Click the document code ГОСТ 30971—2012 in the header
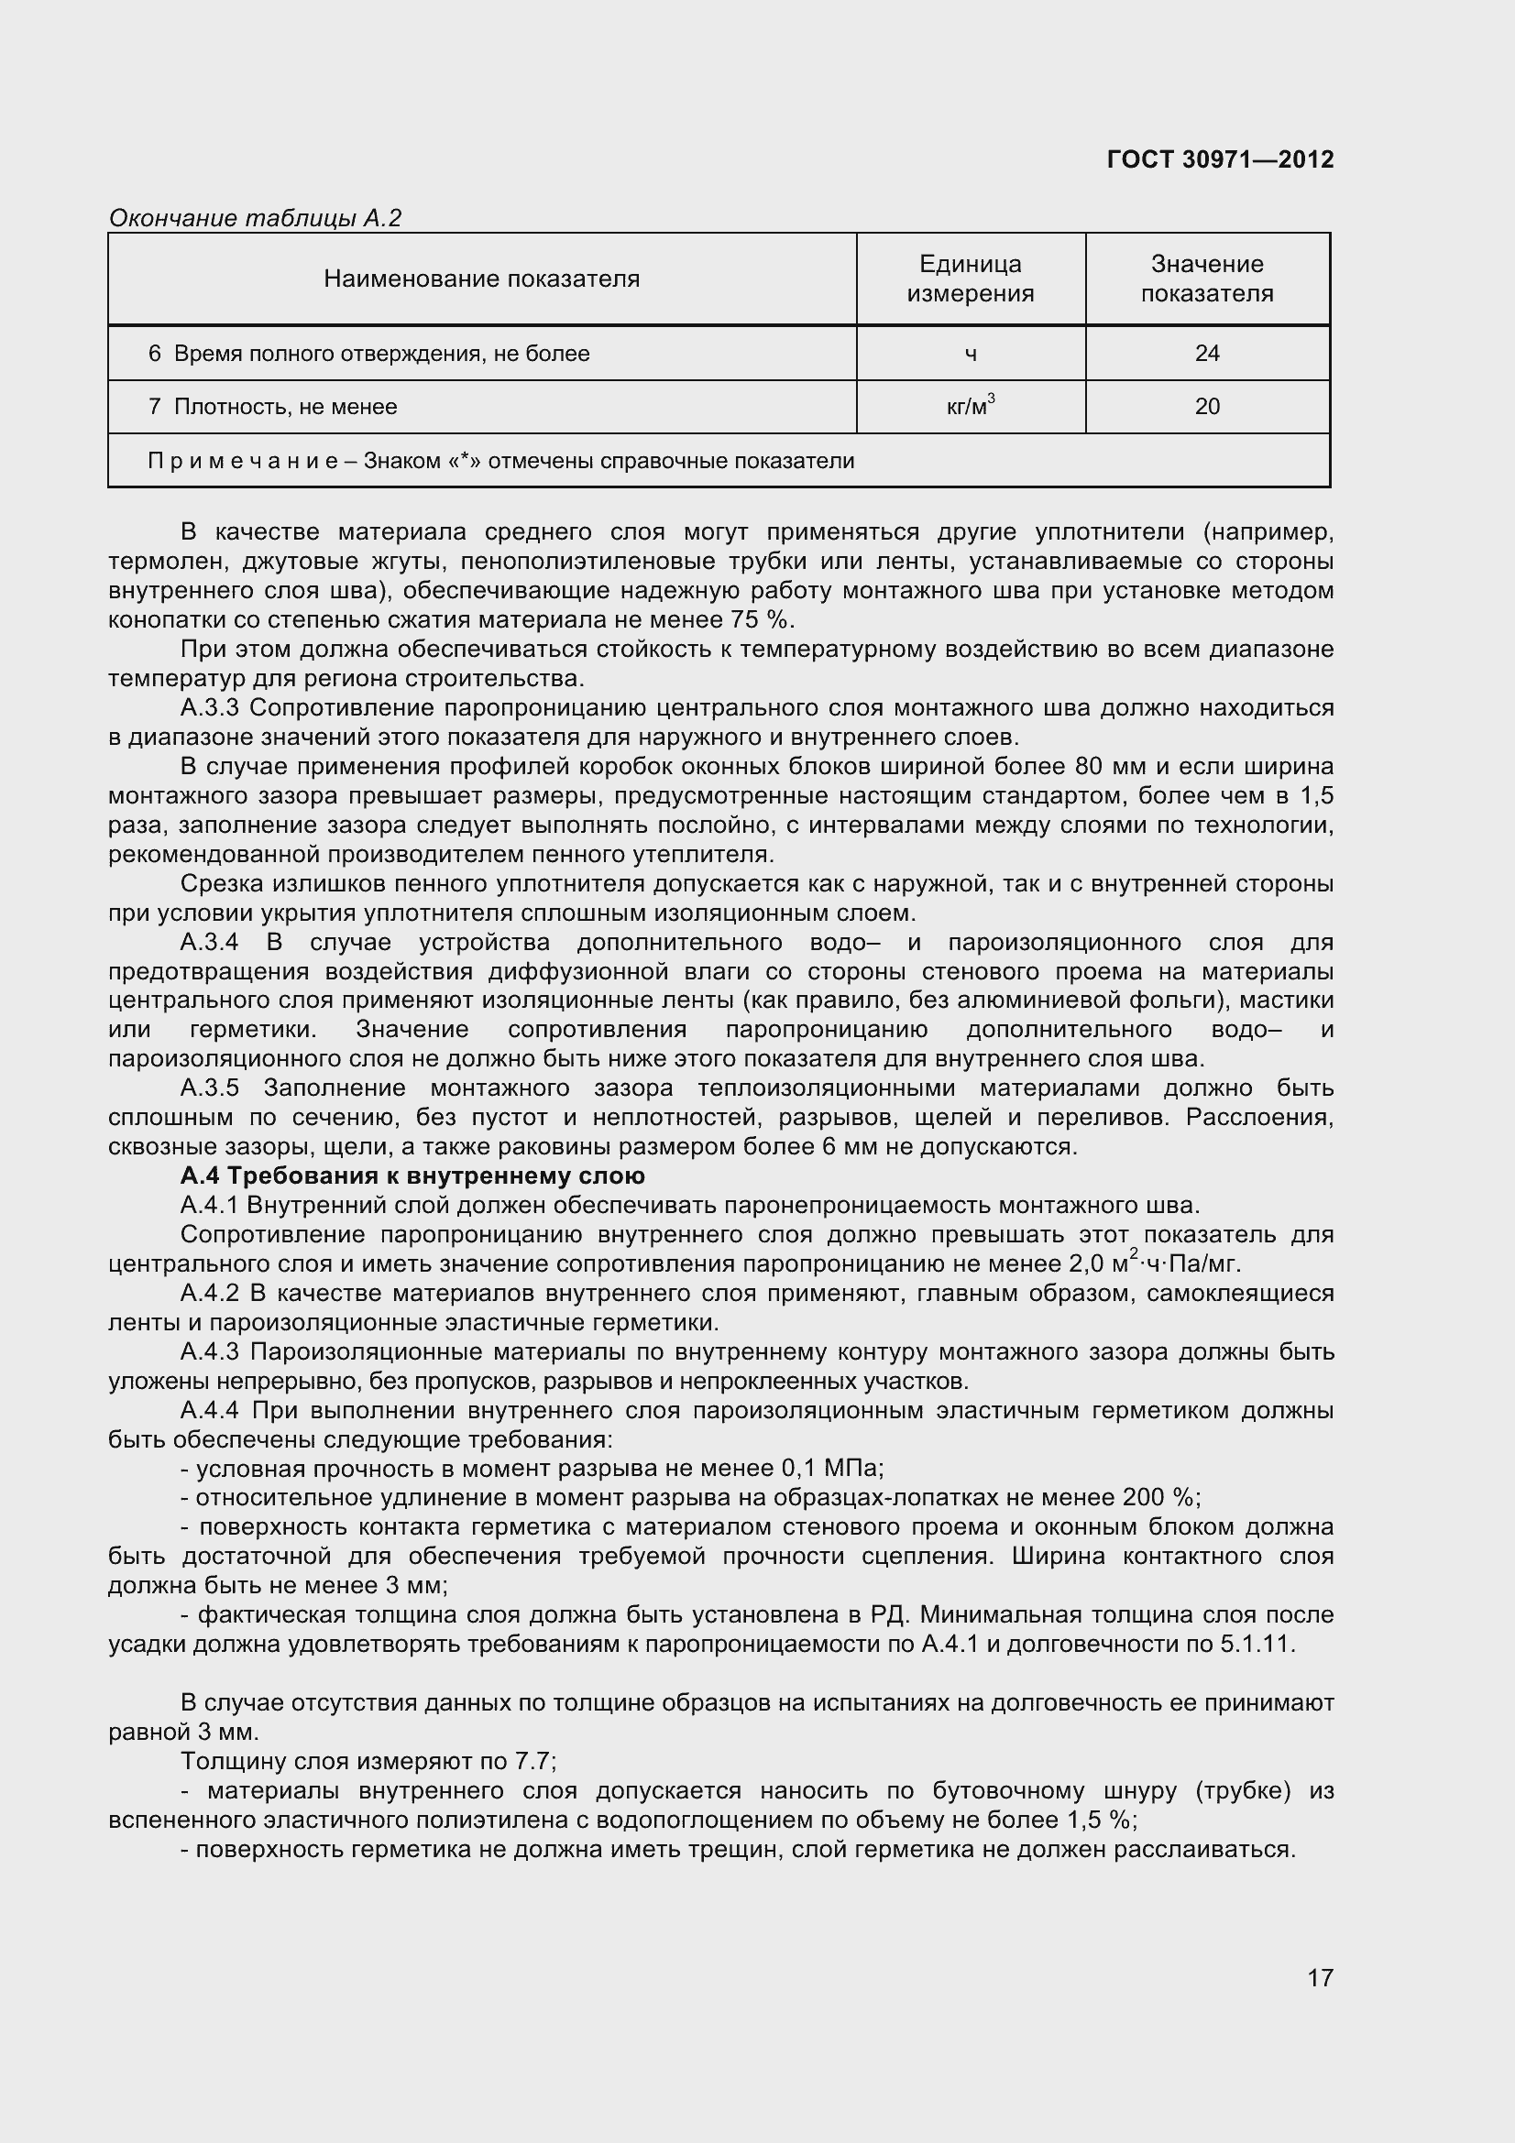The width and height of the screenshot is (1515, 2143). [1220, 159]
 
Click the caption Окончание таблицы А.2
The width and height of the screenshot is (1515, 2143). [255, 218]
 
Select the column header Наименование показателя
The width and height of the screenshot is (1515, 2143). [482, 279]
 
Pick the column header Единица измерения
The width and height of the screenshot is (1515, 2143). [971, 279]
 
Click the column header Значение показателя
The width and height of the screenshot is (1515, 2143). [1207, 279]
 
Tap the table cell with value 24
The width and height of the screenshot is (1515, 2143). [1207, 354]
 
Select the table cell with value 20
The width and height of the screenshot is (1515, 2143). [1207, 407]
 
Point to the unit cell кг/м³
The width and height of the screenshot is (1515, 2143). [971, 406]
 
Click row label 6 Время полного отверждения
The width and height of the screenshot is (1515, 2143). [368, 354]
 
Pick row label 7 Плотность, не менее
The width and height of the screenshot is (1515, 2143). [272, 407]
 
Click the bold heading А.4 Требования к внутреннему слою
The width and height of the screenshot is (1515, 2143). [412, 1176]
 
